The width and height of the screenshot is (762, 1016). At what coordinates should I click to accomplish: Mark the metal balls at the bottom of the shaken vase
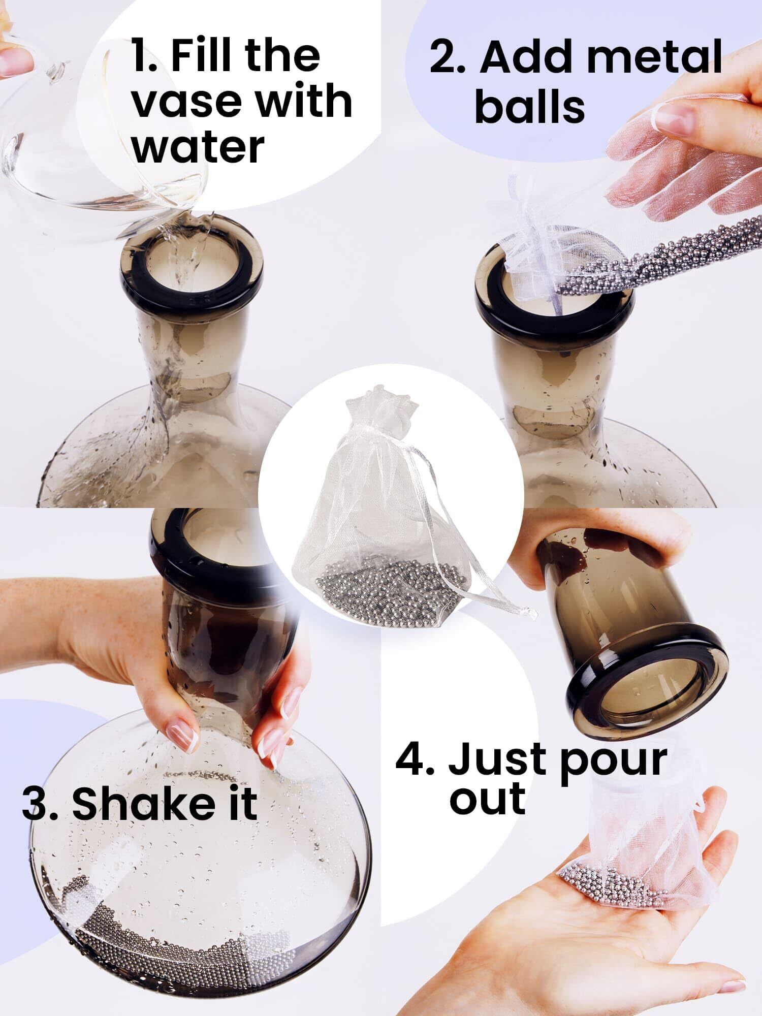click(x=168, y=937)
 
